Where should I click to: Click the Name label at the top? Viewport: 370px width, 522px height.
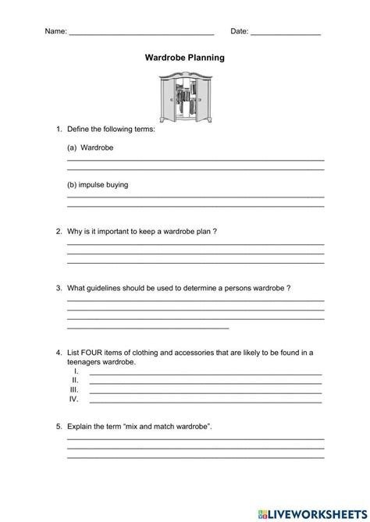(55, 32)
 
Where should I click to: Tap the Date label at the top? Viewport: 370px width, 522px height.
(240, 32)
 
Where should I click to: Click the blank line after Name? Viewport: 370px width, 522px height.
(141, 34)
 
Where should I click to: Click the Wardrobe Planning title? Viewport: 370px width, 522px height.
(184, 57)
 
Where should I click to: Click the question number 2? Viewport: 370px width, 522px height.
(59, 232)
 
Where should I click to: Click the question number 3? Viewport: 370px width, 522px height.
(59, 288)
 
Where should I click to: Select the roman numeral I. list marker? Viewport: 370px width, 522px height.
(75, 371)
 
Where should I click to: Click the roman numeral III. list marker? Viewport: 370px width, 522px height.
(75, 389)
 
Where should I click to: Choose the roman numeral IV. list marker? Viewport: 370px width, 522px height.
(74, 399)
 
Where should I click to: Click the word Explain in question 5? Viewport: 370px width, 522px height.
(83, 428)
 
